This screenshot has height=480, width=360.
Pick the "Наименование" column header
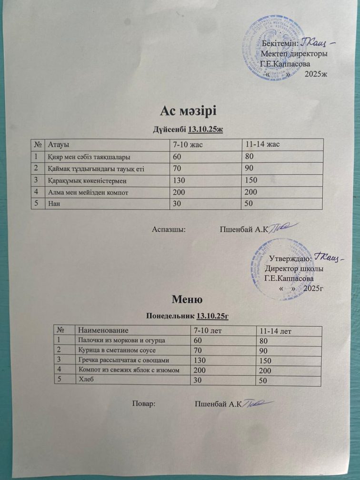103,330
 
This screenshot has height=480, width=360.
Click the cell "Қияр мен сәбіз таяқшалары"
90,156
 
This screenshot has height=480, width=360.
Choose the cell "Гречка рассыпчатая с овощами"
123,360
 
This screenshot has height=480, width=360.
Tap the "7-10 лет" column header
210,330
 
